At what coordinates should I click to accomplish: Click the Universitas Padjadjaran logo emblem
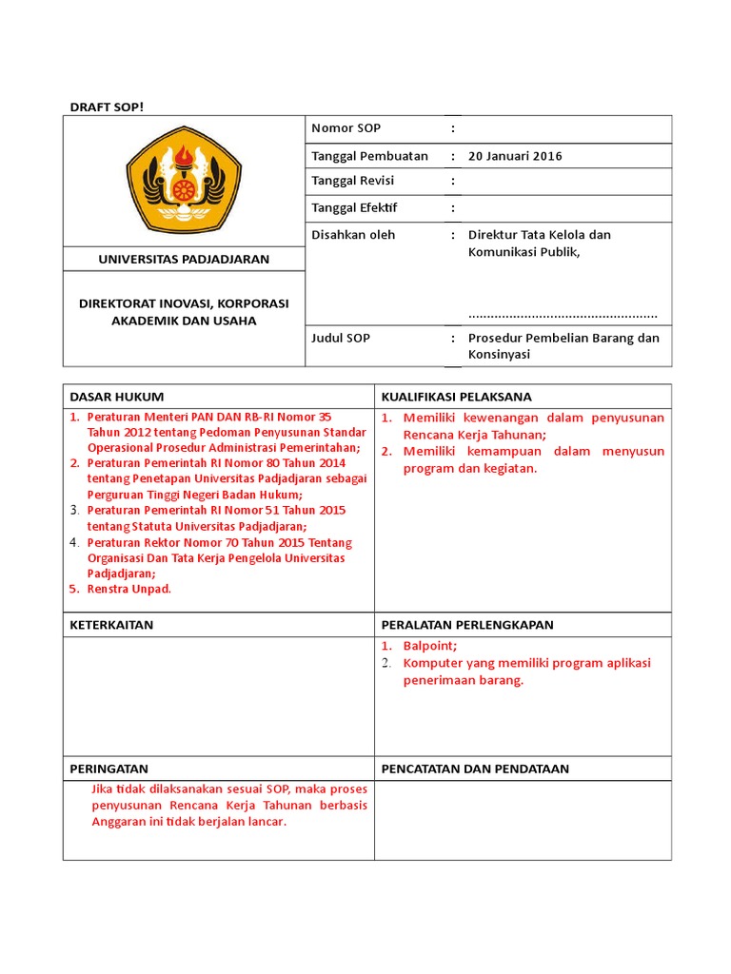pyautogui.click(x=184, y=180)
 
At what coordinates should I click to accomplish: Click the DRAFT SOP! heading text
pyautogui.click(x=107, y=106)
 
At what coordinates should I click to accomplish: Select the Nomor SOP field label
pyautogui.click(x=346, y=128)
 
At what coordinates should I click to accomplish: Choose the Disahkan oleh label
pyautogui.click(x=353, y=234)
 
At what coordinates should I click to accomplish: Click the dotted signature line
pyautogui.click(x=563, y=314)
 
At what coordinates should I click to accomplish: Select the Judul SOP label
pyautogui.click(x=340, y=338)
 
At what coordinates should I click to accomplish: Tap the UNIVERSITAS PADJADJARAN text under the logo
pyautogui.click(x=184, y=259)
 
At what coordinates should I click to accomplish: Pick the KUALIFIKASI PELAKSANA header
pyautogui.click(x=456, y=397)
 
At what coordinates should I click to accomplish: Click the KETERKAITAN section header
pyautogui.click(x=111, y=625)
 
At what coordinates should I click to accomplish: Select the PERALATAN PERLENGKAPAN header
pyautogui.click(x=467, y=625)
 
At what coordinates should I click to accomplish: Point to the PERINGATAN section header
pyautogui.click(x=109, y=769)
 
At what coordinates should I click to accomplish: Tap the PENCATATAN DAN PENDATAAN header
pyautogui.click(x=475, y=769)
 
